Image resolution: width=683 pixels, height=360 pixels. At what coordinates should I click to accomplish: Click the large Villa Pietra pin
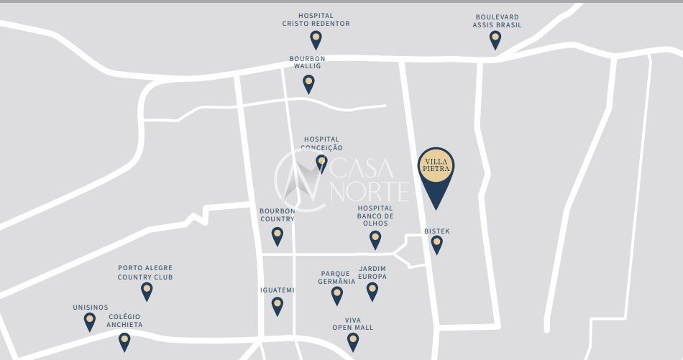coord(436,172)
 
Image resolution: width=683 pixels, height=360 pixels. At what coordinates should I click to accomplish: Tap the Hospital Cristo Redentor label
coord(316,19)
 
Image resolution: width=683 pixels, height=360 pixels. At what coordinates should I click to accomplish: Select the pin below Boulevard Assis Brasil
coord(495,40)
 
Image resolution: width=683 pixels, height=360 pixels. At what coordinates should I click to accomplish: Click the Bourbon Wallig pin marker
coord(308,83)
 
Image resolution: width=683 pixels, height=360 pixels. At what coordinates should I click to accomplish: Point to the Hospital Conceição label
coord(321,144)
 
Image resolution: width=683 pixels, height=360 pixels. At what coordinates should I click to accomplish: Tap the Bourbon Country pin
coord(278,235)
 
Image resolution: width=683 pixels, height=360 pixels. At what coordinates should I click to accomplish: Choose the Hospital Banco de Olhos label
coord(375,216)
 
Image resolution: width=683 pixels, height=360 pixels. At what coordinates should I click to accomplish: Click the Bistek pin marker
coord(436,244)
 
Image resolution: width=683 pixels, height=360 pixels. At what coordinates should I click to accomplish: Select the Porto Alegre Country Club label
coord(145,272)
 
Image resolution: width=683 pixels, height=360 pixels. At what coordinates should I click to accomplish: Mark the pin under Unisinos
coord(90,320)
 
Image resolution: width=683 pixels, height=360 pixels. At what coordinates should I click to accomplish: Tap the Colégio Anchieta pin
coord(124,341)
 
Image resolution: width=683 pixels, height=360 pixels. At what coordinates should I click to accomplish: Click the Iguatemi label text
coord(278,290)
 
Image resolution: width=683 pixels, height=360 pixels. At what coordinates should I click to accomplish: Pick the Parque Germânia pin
coord(336,295)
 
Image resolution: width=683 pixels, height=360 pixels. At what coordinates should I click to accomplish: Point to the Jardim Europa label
coord(372,272)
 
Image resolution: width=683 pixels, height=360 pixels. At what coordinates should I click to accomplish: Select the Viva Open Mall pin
coord(353,341)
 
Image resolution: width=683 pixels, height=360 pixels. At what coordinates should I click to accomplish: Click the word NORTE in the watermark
coord(370,192)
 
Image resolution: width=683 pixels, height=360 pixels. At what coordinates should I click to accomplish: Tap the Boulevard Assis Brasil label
coord(497,21)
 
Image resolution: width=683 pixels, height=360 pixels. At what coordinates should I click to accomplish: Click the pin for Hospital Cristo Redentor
coord(316,39)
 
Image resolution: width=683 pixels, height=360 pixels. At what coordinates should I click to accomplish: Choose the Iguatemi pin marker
coord(278,305)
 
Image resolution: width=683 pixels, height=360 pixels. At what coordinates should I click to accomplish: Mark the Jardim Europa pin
coord(372,290)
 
